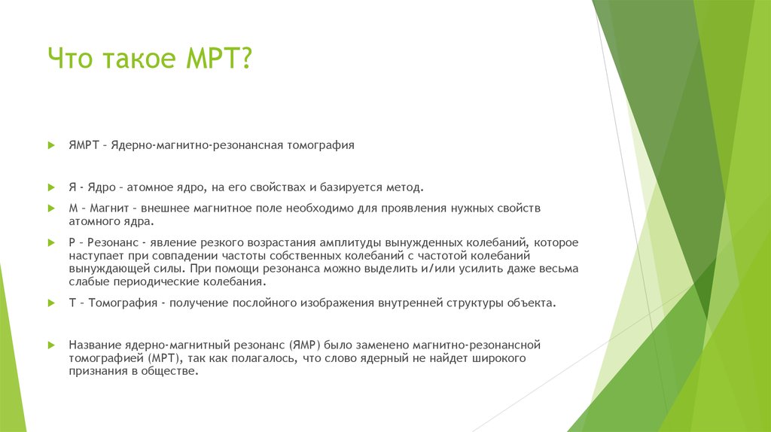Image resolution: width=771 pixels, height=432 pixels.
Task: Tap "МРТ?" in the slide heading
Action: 218,58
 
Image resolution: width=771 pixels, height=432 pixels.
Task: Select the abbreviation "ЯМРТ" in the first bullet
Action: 83,144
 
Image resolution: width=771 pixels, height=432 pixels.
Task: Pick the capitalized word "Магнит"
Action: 106,207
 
